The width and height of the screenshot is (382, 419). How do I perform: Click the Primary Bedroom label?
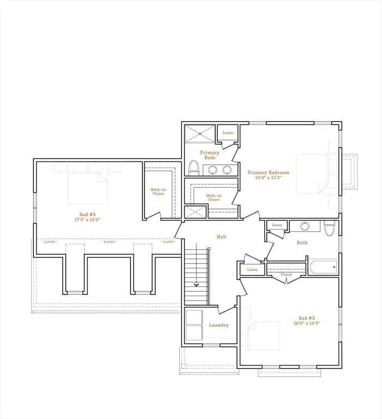tap(268, 172)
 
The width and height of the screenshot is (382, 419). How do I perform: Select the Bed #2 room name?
tap(307, 318)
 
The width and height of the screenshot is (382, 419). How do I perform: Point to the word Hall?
tap(221, 237)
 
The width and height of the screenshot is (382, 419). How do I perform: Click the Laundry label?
tap(218, 325)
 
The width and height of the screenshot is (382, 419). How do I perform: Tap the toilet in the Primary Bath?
tap(193, 166)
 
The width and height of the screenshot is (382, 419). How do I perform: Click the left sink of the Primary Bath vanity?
tap(213, 170)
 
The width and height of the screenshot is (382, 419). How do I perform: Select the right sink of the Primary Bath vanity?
tap(227, 170)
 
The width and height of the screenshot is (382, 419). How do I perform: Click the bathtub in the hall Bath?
tap(323, 267)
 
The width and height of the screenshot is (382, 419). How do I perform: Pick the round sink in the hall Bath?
tap(305, 226)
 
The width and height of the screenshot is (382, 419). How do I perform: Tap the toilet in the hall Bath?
tap(329, 229)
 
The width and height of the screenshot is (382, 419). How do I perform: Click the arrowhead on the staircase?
tap(196, 284)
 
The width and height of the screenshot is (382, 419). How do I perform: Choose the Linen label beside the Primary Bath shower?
tap(228, 133)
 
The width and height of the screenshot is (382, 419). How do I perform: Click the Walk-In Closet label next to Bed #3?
tap(158, 191)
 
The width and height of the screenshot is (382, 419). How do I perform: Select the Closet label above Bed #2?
tap(286, 275)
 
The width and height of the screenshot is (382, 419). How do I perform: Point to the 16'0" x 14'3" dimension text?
tap(307, 324)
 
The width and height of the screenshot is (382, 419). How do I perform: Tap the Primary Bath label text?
tap(210, 155)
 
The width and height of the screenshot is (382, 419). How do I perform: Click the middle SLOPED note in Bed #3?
tap(109, 242)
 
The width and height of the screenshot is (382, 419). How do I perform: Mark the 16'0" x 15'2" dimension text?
tap(268, 178)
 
